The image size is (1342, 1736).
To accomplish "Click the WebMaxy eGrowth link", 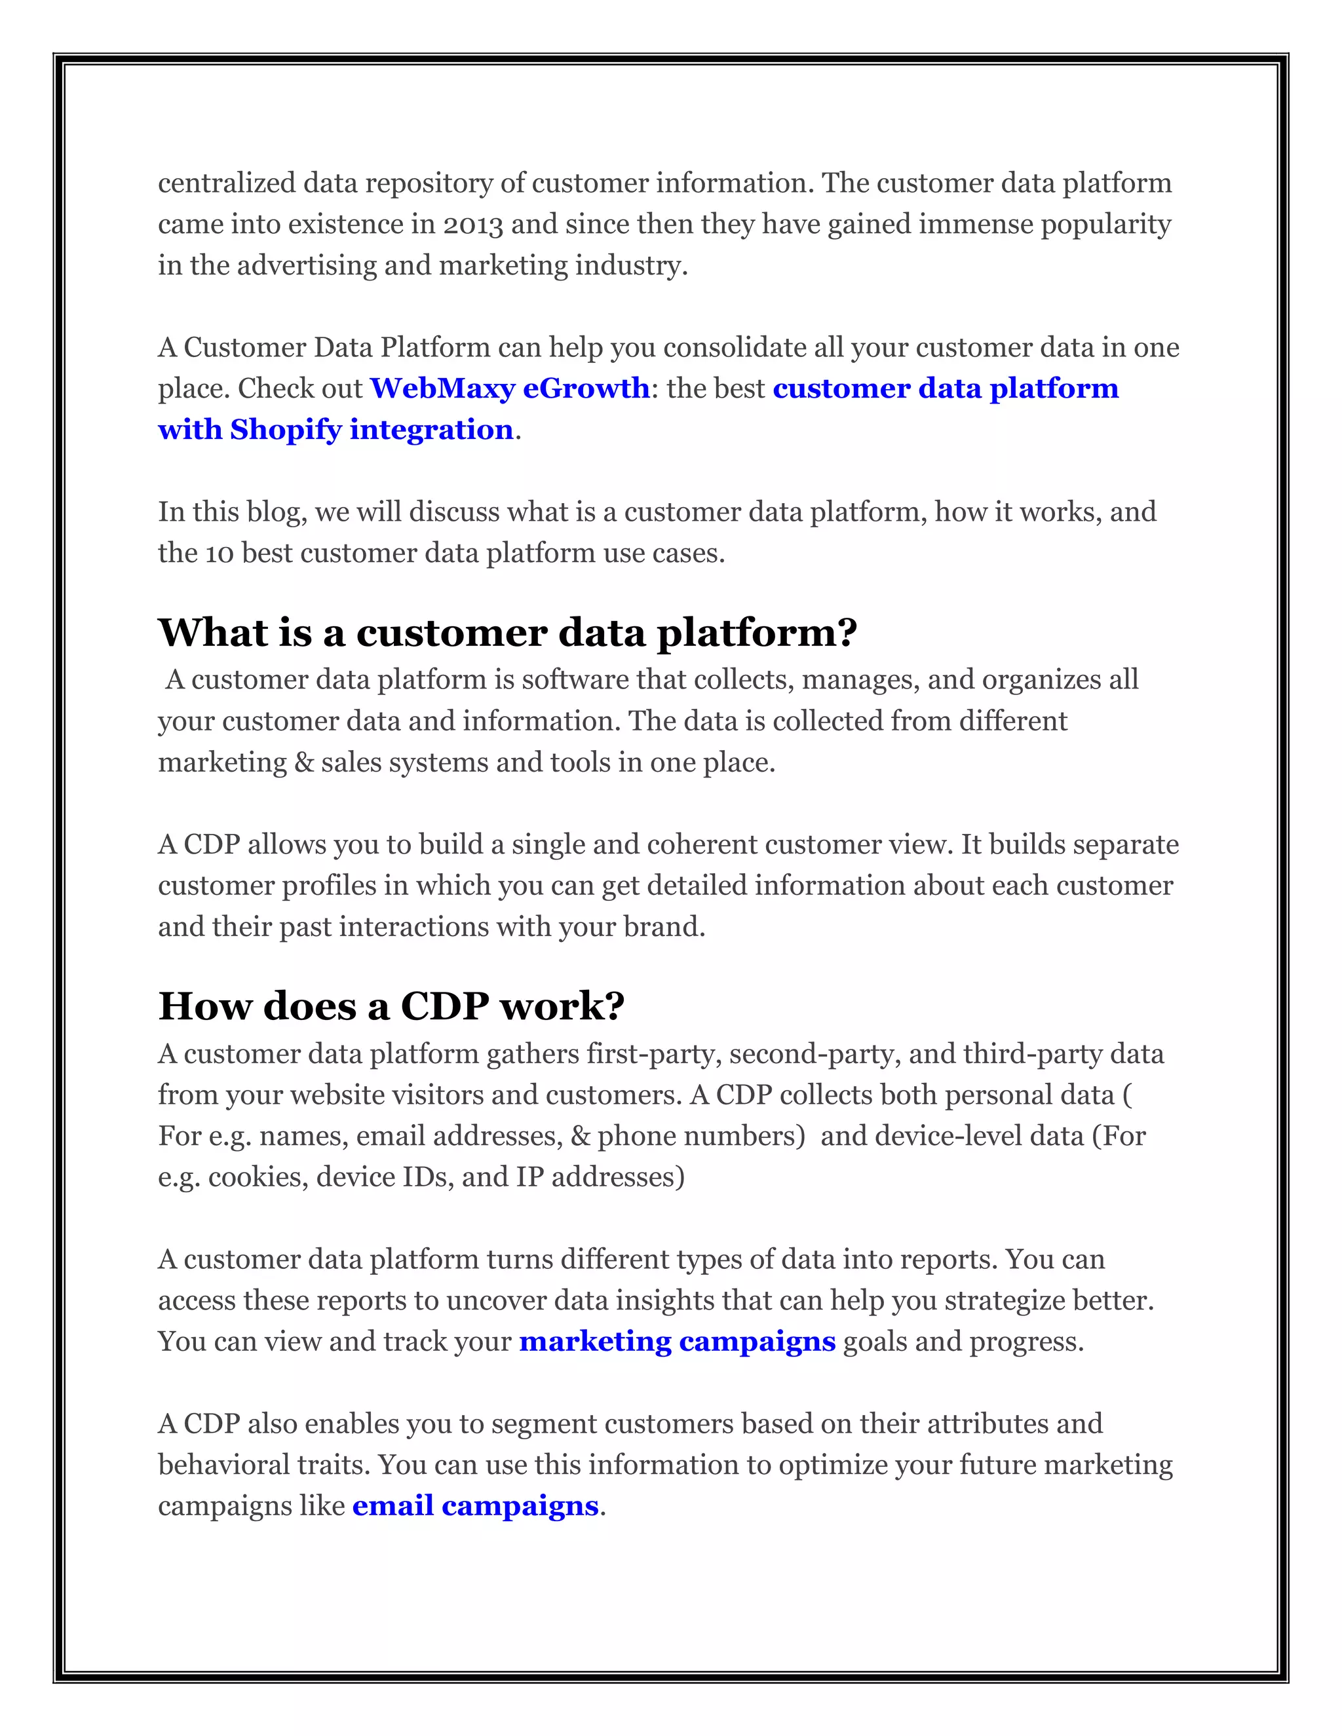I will (x=510, y=388).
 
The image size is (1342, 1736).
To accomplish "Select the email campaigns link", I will (x=474, y=1505).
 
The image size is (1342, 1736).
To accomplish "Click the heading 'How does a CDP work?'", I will (x=391, y=1006).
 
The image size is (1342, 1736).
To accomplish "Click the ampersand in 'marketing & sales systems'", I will (x=303, y=763).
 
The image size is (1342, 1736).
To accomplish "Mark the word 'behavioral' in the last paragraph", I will (x=223, y=1464).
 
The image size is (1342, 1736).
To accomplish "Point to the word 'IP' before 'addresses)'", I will (x=529, y=1177).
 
